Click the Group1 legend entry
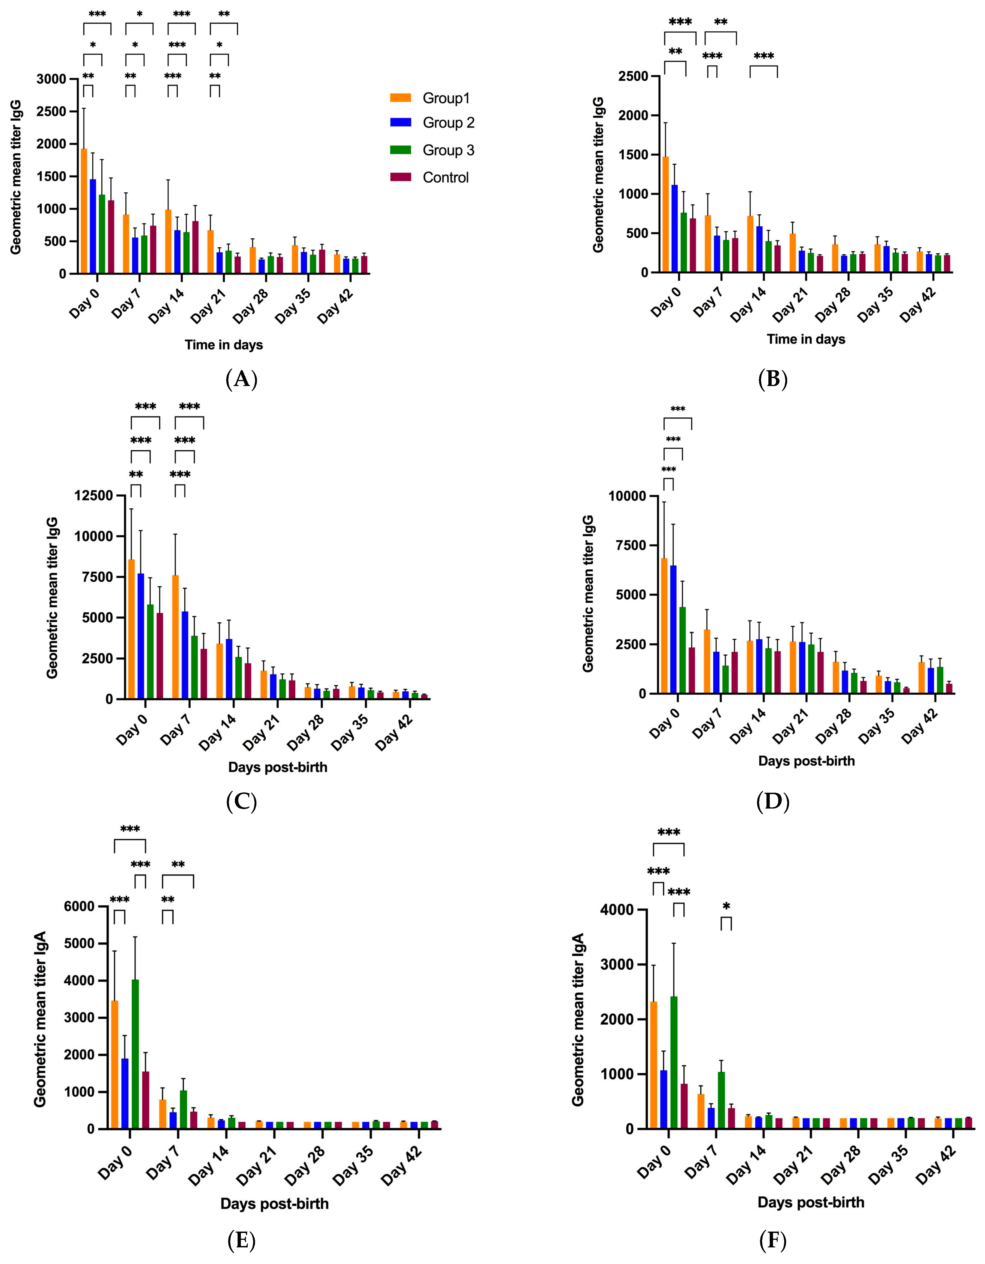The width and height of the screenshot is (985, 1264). [x=445, y=98]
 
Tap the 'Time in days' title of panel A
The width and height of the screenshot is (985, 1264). [x=224, y=345]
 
